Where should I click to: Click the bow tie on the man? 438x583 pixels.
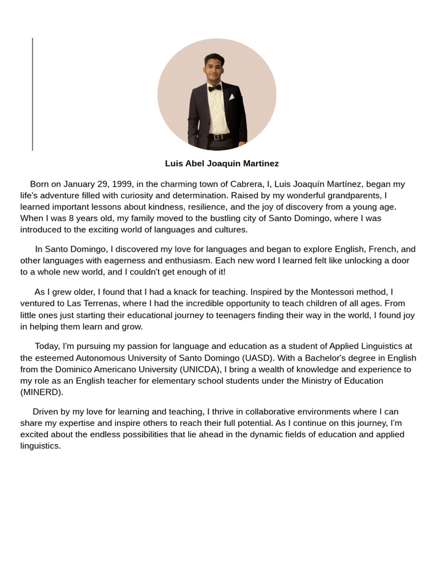point(214,88)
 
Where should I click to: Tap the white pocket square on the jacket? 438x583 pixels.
point(232,97)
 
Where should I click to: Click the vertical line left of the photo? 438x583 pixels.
point(33,94)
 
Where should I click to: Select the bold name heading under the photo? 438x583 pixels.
point(222,163)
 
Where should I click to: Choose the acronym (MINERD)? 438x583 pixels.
point(42,392)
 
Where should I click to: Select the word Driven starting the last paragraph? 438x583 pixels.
point(45,412)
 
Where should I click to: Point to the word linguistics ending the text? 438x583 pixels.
point(40,446)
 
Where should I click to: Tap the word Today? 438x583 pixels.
point(47,346)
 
